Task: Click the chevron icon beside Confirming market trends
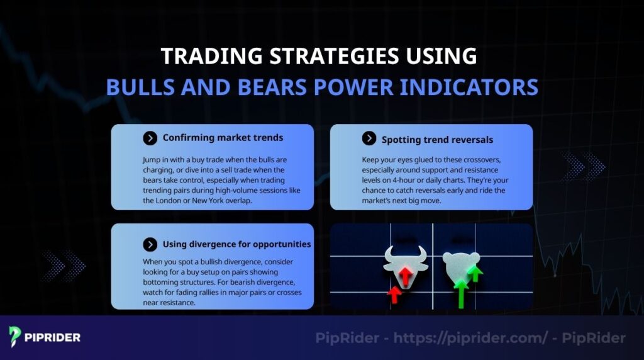coord(150,138)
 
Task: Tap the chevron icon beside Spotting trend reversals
coord(369,139)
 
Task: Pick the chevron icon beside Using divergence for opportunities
coord(150,244)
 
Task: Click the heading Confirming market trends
coord(223,138)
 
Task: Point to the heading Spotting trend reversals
coord(437,139)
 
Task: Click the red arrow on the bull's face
coord(406,274)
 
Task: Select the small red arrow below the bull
coord(394,294)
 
